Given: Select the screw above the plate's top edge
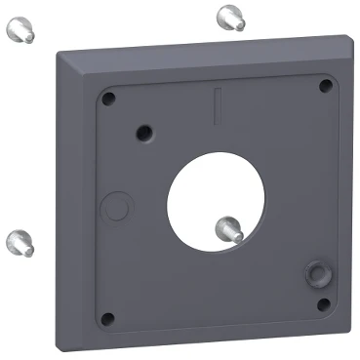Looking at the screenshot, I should pyautogui.click(x=229, y=16).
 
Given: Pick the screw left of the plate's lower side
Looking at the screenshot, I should pyautogui.click(x=20, y=241).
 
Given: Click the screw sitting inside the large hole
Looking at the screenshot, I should pyautogui.click(x=229, y=228).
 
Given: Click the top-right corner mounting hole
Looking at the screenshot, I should pyautogui.click(x=325, y=86).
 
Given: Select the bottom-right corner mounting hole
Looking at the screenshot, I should pyautogui.click(x=324, y=304).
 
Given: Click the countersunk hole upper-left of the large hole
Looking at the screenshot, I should pyautogui.click(x=145, y=130).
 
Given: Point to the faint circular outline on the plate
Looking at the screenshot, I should pyautogui.click(x=116, y=207).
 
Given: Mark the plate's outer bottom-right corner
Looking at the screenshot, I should pyautogui.click(x=348, y=330).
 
